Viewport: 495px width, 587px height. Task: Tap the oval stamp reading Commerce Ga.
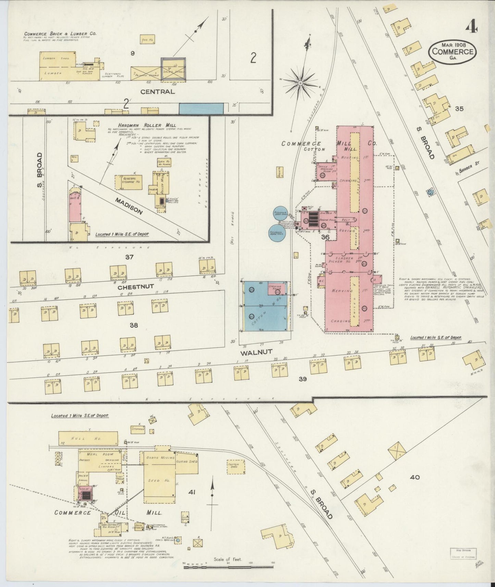pos(452,51)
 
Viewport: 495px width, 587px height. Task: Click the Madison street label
pos(128,206)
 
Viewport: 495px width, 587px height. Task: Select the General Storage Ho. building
pos(128,182)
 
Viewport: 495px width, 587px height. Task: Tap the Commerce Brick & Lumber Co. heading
pos(60,34)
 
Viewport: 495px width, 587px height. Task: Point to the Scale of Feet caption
pos(228,560)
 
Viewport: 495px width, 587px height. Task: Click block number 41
pos(192,492)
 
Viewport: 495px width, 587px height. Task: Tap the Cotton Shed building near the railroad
pos(236,467)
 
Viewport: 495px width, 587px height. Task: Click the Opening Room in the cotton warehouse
pos(275,288)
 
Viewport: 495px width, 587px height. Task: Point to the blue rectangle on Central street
pos(201,109)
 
